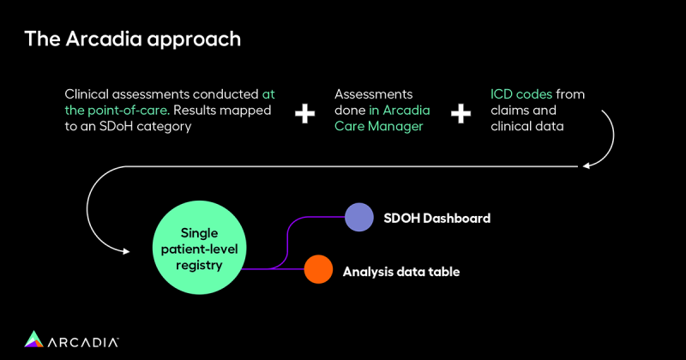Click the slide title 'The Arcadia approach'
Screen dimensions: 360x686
tap(132, 39)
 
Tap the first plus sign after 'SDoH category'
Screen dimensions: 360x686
tap(304, 113)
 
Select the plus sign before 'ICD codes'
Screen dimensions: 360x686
tap(460, 113)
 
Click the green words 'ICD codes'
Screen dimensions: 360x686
tap(521, 93)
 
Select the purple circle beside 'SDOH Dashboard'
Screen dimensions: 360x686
tap(358, 218)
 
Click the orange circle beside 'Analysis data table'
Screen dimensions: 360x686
tap(318, 270)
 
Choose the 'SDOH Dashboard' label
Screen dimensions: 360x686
tap(437, 219)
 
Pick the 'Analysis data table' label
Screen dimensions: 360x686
tap(401, 272)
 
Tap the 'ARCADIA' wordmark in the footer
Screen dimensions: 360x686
tap(84, 340)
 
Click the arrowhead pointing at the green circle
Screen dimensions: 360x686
tap(125, 251)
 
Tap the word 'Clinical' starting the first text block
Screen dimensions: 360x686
tap(88, 93)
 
